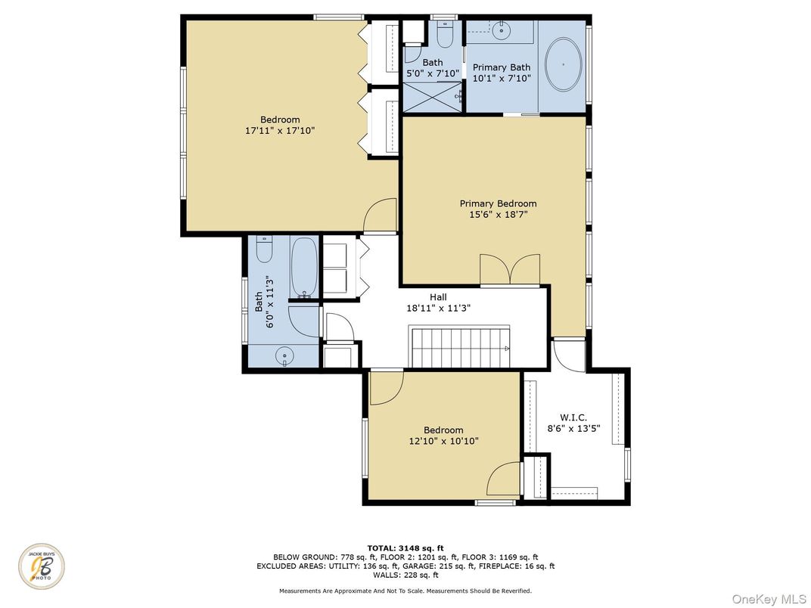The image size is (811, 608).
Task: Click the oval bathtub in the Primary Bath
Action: click(x=564, y=65)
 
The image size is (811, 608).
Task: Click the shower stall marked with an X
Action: click(x=431, y=97)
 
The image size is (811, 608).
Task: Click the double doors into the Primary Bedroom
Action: click(x=511, y=270)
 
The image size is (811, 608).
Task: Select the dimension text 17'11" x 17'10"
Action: click(x=280, y=131)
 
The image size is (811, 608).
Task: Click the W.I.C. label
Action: click(x=573, y=417)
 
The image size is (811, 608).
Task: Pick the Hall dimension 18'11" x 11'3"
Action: click(x=439, y=309)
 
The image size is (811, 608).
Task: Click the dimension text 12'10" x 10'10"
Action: click(x=443, y=441)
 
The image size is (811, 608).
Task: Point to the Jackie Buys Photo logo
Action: click(x=42, y=566)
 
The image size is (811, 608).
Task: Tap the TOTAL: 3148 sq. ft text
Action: click(x=405, y=548)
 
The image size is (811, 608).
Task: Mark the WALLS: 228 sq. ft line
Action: click(x=405, y=575)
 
